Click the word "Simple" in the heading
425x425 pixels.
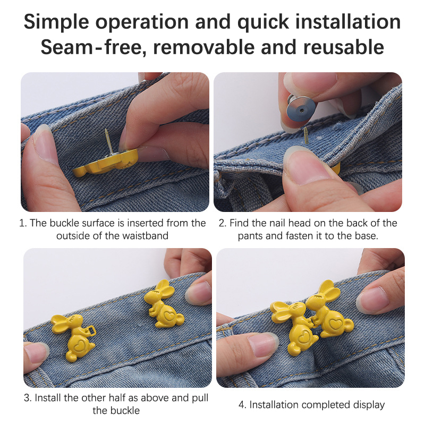pyautogui.click(x=56, y=22)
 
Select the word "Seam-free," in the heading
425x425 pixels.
pyautogui.click(x=94, y=47)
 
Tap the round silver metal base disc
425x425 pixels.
pyautogui.click(x=300, y=110)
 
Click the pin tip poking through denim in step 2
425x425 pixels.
pyautogui.click(x=307, y=135)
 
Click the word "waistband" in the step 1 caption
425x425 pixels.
pyautogui.click(x=145, y=235)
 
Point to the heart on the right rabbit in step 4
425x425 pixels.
pyautogui.click(x=335, y=324)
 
